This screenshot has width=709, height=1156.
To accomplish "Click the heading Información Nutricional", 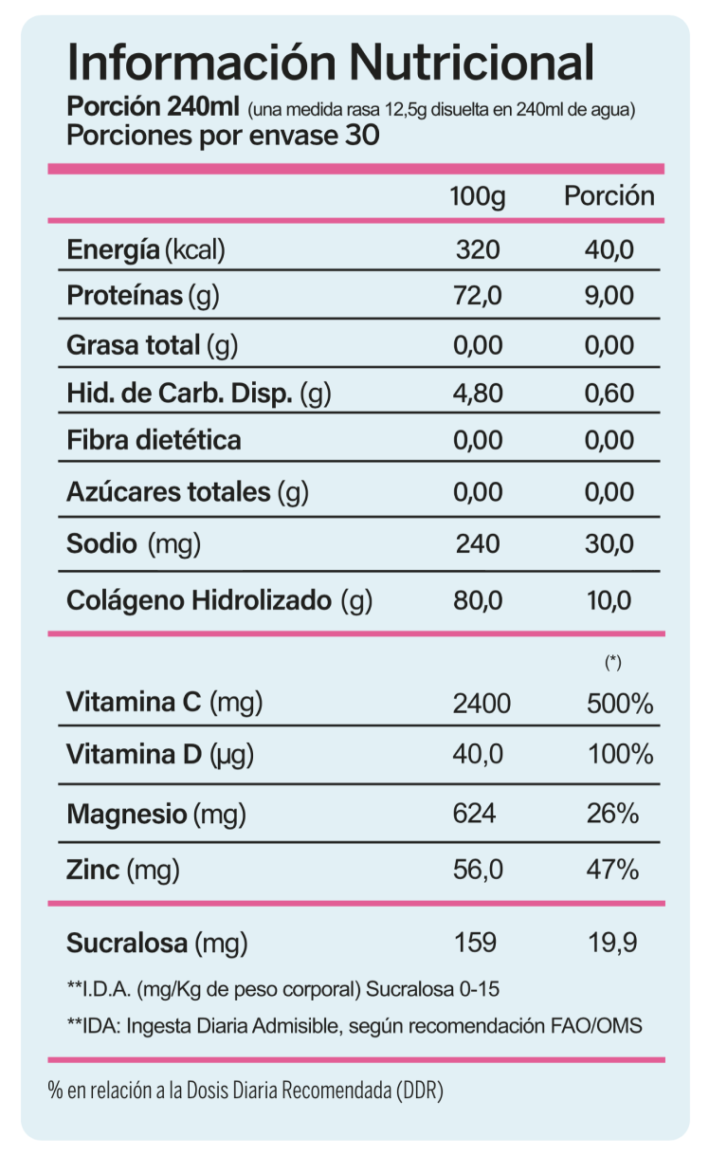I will [x=331, y=63].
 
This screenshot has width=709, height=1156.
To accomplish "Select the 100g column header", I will [x=478, y=197].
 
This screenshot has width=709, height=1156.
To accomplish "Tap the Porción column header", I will [x=609, y=196].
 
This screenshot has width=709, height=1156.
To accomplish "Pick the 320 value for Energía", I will [x=477, y=250].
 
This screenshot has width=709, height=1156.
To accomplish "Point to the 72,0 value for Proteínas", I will [x=478, y=296].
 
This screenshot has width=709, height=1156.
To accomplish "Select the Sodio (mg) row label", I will [x=134, y=544].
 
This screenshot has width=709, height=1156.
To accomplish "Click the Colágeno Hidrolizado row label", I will [x=219, y=600].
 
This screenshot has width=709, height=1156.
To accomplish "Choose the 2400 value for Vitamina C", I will [x=482, y=704].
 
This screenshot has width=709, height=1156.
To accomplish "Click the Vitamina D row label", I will [x=161, y=755].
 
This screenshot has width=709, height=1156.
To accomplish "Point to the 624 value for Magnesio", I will [x=476, y=814].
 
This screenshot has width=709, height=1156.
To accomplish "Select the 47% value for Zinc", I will [x=612, y=869].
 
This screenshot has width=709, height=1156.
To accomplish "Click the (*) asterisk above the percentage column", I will [x=612, y=663].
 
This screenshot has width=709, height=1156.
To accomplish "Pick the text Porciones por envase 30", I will [x=223, y=136].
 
